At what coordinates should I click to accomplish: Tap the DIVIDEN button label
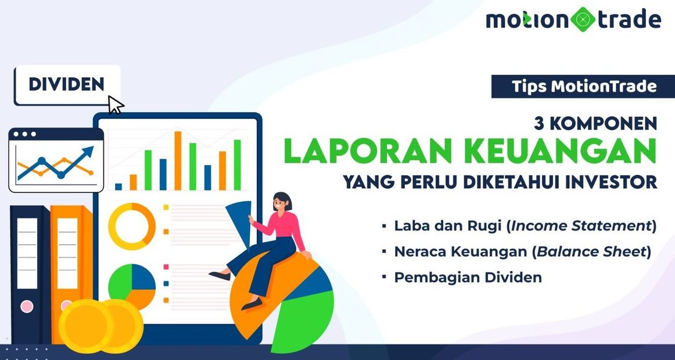pos(67,84)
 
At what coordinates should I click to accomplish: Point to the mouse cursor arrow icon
pos(116,105)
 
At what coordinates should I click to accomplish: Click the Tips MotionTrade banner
pos(583,87)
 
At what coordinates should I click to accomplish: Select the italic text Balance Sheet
pos(591,252)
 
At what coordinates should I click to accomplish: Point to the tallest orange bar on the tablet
pos(178,160)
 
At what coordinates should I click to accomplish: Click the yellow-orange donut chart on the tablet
pos(132,226)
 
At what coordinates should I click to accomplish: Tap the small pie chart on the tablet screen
pos(132,287)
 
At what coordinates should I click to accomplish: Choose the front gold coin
pos(85,326)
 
